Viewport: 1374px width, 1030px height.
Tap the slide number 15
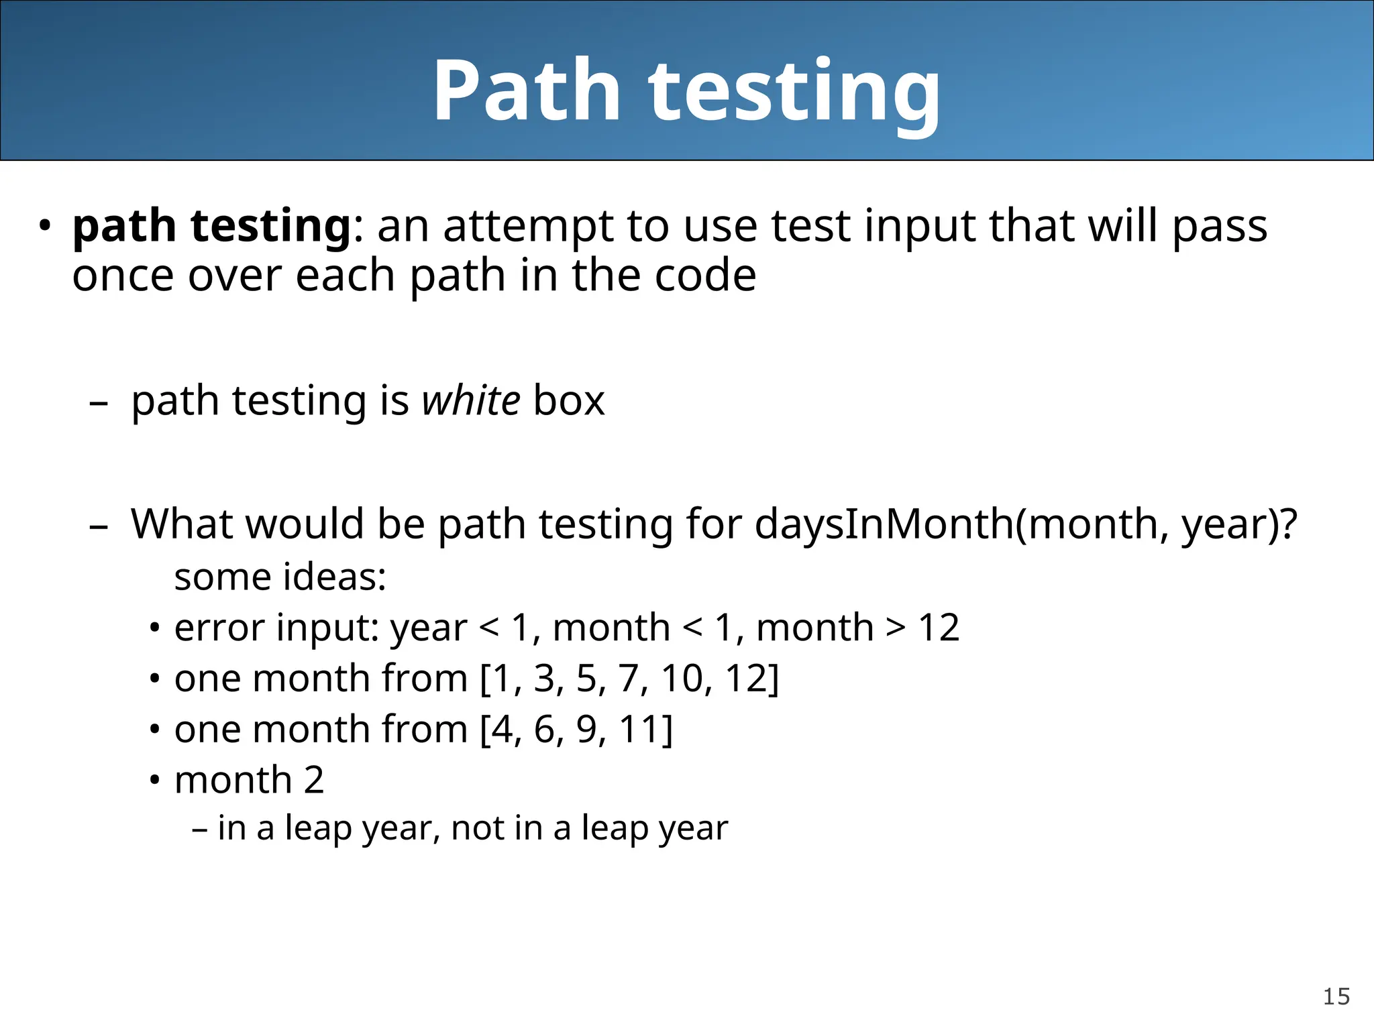point(1336,996)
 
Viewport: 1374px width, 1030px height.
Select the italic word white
point(470,401)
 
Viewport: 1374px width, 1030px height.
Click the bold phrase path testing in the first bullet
point(211,226)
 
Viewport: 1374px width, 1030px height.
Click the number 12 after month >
point(939,628)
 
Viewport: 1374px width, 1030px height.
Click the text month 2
point(249,781)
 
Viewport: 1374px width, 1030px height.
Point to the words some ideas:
point(280,577)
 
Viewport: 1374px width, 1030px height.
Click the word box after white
point(569,401)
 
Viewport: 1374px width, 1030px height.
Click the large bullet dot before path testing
point(44,226)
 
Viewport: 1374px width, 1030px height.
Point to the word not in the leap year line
point(476,828)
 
